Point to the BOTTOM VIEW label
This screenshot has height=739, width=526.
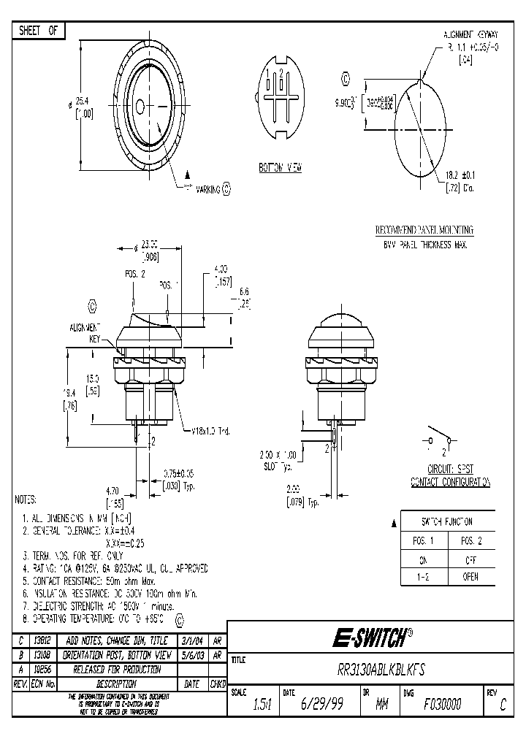(x=281, y=168)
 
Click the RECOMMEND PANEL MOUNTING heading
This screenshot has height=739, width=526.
(x=424, y=230)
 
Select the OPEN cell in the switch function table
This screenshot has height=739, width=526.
(x=470, y=577)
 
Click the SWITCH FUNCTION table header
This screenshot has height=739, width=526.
(x=447, y=522)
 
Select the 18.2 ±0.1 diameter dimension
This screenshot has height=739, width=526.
(x=461, y=175)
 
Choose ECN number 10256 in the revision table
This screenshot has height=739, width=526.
(x=42, y=669)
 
